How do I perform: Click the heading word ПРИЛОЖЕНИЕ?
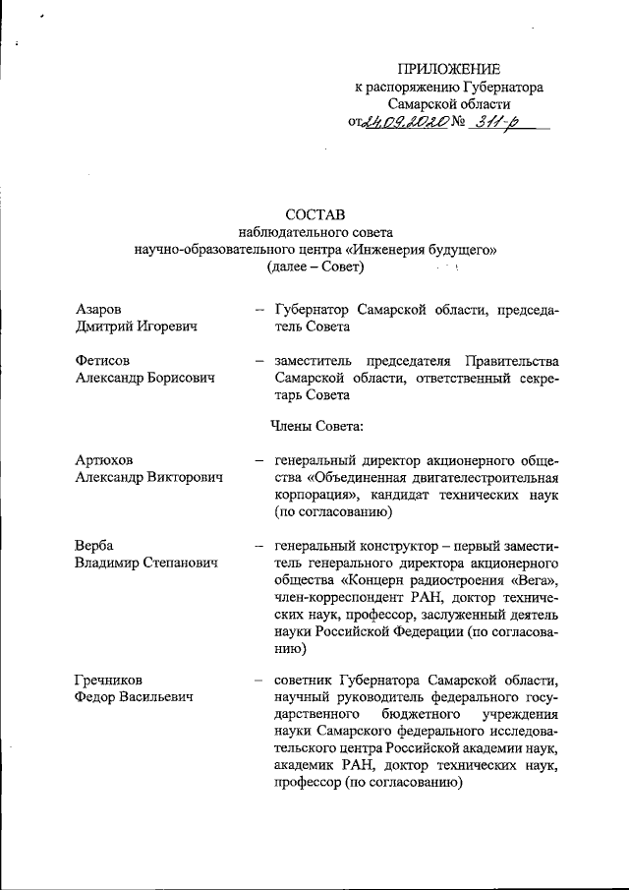[448, 68]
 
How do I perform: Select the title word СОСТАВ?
[315, 214]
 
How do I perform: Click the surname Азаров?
[99, 310]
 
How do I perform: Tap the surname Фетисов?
[102, 360]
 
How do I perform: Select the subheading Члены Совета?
[316, 426]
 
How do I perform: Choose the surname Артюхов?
[105, 459]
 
